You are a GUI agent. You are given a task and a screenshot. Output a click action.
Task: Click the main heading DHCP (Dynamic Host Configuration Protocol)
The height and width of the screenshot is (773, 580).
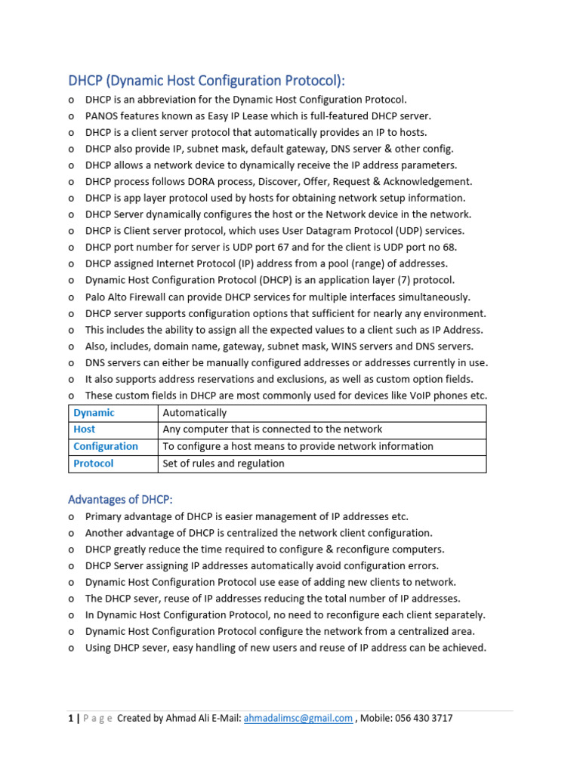[x=211, y=81]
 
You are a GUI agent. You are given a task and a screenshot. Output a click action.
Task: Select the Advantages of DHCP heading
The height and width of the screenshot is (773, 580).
[x=121, y=500]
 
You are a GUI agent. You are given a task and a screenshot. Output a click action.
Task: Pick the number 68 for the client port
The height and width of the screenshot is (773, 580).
[x=449, y=248]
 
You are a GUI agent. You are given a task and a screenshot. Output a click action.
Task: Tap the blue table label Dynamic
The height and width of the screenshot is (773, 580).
[x=94, y=413]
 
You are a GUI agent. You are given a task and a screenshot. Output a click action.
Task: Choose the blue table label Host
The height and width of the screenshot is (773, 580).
[x=84, y=430]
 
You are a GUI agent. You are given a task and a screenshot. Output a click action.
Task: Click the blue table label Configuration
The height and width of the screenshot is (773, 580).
[x=106, y=446]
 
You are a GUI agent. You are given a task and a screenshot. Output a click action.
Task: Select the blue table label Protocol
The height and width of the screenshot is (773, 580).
[x=93, y=463]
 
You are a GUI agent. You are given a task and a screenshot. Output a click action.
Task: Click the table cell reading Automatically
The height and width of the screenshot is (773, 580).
[x=195, y=413]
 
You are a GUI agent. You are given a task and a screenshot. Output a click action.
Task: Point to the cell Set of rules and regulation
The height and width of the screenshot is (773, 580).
[x=224, y=463]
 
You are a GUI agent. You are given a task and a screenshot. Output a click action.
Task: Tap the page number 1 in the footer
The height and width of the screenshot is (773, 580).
[x=70, y=719]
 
